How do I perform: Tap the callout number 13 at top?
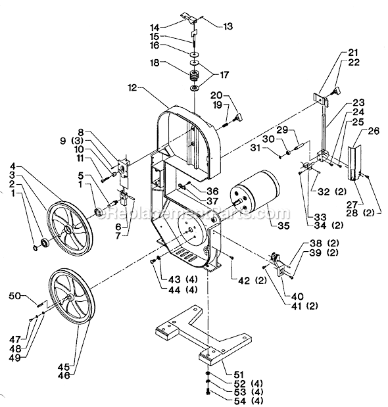pos(228,26)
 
